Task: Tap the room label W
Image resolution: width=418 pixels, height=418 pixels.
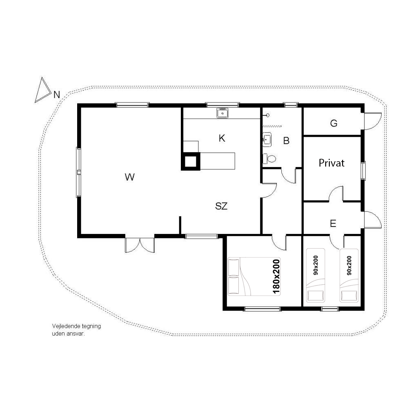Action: tap(129, 177)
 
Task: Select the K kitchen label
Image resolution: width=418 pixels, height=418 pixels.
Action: tap(222, 138)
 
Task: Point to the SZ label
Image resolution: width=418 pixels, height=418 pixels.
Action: tap(221, 206)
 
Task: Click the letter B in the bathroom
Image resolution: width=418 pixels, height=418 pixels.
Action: tap(286, 141)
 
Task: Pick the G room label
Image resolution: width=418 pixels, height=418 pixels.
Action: tap(334, 123)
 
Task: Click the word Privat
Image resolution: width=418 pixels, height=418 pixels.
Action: tap(331, 163)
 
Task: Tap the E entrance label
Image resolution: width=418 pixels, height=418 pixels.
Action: tap(333, 223)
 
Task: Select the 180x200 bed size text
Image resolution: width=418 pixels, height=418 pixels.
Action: tap(276, 277)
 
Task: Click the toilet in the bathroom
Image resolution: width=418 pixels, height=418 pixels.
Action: tap(269, 159)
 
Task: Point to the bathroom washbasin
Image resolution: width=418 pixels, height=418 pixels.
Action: tap(267, 140)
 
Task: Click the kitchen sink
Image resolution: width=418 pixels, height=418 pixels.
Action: tap(222, 113)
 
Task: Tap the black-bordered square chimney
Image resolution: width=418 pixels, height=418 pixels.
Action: tap(191, 161)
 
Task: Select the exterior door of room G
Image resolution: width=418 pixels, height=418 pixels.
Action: tap(373, 121)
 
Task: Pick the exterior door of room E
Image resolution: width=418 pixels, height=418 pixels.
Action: tap(373, 219)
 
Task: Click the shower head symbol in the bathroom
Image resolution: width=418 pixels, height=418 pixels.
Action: tap(267, 115)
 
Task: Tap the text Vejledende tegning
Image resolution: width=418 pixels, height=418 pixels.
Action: tap(76, 326)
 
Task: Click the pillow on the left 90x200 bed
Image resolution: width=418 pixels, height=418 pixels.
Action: tap(316, 296)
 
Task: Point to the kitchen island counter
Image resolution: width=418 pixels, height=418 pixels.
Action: tap(218, 161)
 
